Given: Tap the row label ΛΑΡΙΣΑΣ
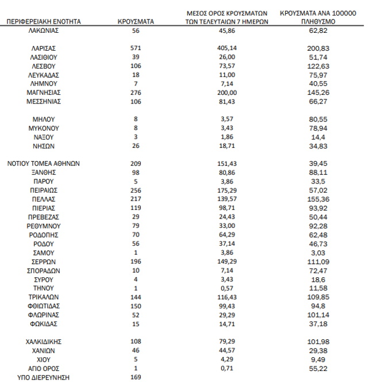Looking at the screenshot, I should click(44, 48).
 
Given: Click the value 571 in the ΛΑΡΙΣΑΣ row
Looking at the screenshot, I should click(135, 48).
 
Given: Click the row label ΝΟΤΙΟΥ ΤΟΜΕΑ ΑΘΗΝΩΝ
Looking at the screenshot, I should click(44, 163).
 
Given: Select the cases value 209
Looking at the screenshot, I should click(135, 163).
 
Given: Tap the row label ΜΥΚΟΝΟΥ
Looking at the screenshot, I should click(44, 128).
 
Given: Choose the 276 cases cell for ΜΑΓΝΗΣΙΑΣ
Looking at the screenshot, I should click(135, 92).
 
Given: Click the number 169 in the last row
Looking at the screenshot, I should click(135, 377).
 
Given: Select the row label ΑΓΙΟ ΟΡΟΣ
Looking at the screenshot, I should click(44, 368).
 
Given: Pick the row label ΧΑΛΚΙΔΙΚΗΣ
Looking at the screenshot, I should click(44, 342).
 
